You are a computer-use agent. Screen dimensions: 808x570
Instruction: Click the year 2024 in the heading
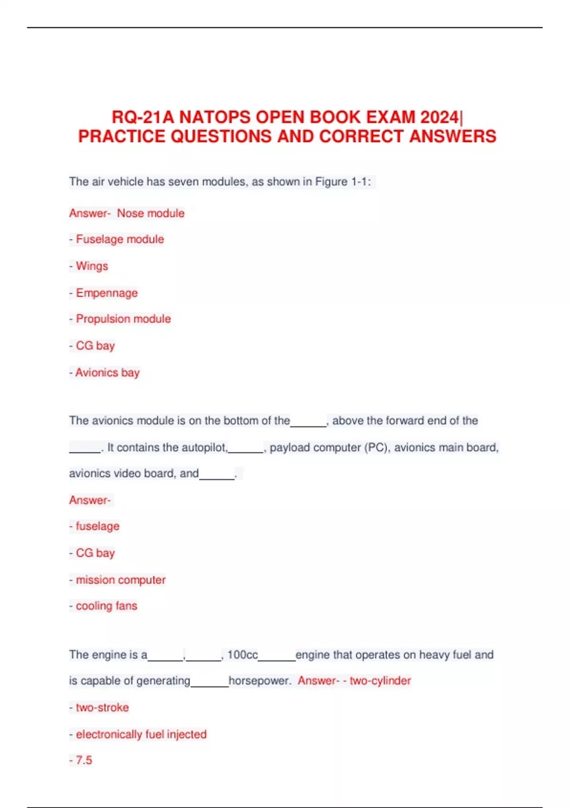tap(440, 117)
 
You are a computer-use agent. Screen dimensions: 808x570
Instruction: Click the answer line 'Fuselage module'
tap(120, 239)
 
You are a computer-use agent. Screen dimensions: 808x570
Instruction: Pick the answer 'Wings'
tap(92, 266)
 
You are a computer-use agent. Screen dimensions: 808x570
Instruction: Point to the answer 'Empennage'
tap(106, 293)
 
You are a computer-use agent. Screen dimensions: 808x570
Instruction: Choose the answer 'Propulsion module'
tap(123, 319)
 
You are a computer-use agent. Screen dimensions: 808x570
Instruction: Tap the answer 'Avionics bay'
tap(107, 373)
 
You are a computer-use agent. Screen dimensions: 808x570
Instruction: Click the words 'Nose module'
tap(151, 213)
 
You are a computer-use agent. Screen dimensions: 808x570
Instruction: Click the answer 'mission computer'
tap(121, 580)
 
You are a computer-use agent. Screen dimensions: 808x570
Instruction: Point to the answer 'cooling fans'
tap(106, 606)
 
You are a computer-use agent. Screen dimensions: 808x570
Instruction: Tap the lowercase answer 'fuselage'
tap(97, 526)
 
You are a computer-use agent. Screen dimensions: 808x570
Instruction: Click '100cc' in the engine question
tap(242, 655)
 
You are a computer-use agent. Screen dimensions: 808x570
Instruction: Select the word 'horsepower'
tap(259, 681)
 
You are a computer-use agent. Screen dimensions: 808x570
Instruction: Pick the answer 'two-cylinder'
tap(380, 681)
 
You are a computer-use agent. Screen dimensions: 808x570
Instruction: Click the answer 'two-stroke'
tap(102, 708)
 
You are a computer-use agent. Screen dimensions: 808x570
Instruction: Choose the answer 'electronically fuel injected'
tap(141, 734)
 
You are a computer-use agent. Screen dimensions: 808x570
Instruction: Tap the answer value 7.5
tap(84, 760)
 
